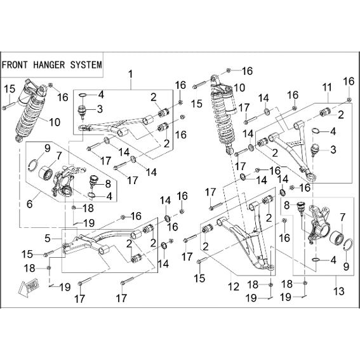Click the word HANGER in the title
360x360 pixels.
click(x=49, y=65)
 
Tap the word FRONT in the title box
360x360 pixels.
click(x=14, y=65)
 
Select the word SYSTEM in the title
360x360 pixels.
click(x=86, y=65)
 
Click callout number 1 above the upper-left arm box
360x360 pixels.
click(x=131, y=75)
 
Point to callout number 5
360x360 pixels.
click(x=48, y=238)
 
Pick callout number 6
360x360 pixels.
click(x=30, y=204)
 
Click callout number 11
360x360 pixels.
click(x=327, y=88)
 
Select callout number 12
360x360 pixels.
click(x=234, y=287)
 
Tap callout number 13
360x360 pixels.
click(x=340, y=291)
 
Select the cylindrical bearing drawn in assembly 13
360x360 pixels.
click(x=336, y=240)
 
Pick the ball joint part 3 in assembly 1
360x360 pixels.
click(x=82, y=111)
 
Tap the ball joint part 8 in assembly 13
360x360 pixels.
click(x=300, y=208)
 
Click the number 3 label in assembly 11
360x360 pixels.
click(x=333, y=150)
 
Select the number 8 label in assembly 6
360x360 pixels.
click(x=108, y=183)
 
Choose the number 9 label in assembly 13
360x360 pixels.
click(x=346, y=266)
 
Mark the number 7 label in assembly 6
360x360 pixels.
click(x=59, y=156)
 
